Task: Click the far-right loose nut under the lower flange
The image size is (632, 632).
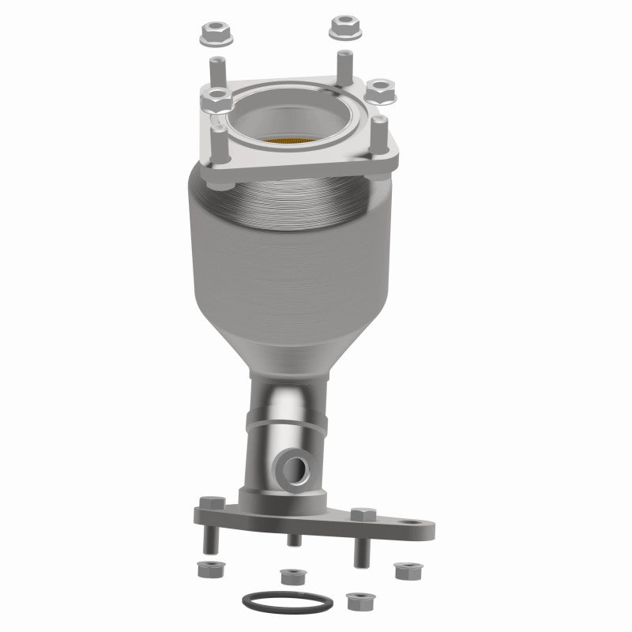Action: coord(404,569)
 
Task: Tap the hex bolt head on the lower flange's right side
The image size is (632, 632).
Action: coord(362,514)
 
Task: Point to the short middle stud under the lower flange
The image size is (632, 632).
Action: coord(293,540)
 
